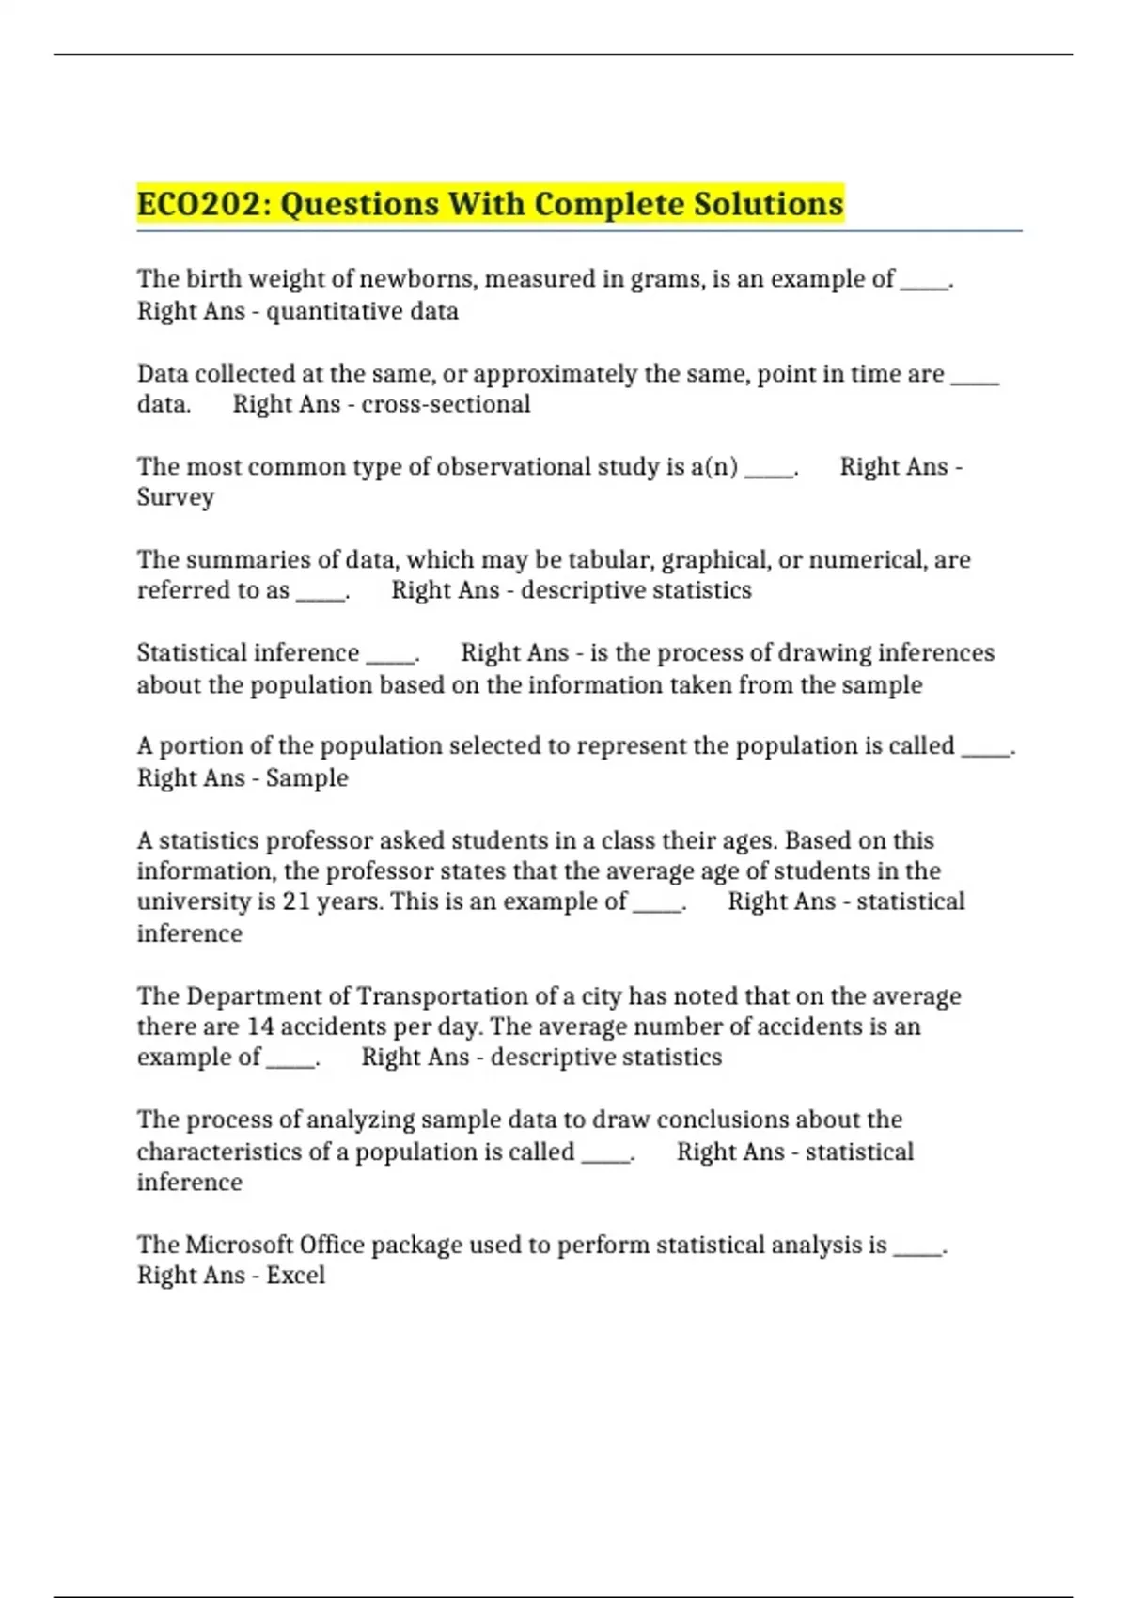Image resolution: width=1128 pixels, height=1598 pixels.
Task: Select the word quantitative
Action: (x=335, y=311)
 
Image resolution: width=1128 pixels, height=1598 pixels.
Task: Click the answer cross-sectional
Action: (x=446, y=404)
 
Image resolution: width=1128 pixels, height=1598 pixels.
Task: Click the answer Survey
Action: (x=176, y=497)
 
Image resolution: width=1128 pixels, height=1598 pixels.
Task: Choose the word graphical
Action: (x=715, y=560)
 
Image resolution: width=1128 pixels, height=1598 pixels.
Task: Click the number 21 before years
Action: (x=296, y=901)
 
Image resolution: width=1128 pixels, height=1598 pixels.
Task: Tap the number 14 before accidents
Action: (x=259, y=1026)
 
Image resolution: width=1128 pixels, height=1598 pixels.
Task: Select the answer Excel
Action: (x=295, y=1276)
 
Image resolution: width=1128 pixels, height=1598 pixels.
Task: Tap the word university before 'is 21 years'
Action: (x=194, y=901)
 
